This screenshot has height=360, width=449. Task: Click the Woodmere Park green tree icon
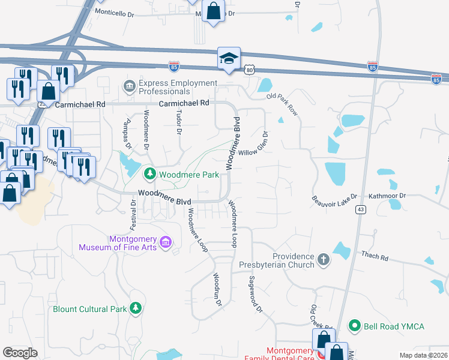tap(149, 175)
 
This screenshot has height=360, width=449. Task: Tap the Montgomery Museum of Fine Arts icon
tap(166, 242)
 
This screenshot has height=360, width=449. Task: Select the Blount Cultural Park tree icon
tap(136, 309)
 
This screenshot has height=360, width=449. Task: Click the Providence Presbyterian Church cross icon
tap(324, 260)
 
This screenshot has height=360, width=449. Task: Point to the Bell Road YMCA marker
tap(355, 326)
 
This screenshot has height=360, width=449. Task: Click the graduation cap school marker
tap(229, 58)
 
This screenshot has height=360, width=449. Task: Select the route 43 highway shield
tap(360, 209)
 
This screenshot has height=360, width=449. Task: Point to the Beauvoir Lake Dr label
tap(334, 197)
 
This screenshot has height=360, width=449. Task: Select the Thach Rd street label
tap(375, 256)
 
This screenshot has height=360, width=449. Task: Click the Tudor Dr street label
tap(178, 122)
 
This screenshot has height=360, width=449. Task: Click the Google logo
tap(20, 353)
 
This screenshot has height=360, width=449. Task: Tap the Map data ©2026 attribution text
tap(423, 355)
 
